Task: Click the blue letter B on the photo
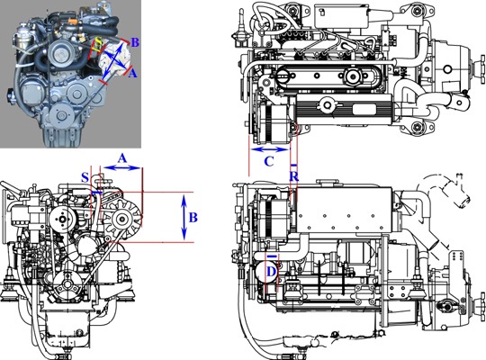click(x=134, y=42)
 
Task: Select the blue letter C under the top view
click(x=268, y=162)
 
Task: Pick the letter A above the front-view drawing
click(x=123, y=157)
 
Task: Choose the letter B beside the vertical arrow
click(x=193, y=217)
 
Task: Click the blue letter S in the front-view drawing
click(x=85, y=175)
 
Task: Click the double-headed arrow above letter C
click(x=271, y=148)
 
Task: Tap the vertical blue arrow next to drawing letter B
click(x=183, y=217)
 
